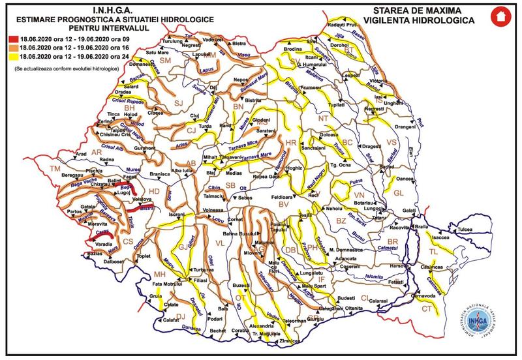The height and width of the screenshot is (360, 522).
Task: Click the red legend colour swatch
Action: [7, 40]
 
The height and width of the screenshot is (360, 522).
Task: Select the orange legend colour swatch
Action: [7, 48]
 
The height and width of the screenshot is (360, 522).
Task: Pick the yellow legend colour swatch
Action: [7, 55]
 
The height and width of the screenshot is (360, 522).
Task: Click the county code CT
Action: [427, 308]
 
